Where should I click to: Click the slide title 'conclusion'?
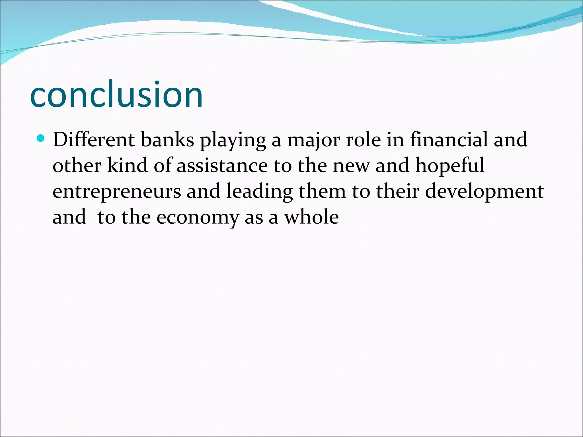(116, 94)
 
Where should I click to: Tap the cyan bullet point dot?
(41, 139)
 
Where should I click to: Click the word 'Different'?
(94, 140)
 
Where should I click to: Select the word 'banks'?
(167, 140)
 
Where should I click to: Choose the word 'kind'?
(127, 165)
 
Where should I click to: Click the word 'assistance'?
(222, 166)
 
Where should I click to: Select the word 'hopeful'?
(450, 166)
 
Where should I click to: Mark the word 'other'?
(77, 166)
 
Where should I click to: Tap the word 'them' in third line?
(322, 191)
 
